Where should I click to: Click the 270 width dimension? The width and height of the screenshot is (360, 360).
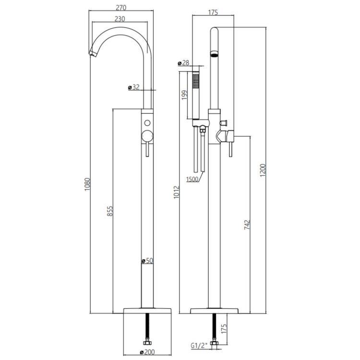(121, 8)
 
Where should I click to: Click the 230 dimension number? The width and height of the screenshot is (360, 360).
(120, 19)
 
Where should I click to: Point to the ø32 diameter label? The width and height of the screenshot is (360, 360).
(133, 87)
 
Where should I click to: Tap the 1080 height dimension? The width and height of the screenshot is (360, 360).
(87, 184)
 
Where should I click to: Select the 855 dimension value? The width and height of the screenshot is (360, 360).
(110, 211)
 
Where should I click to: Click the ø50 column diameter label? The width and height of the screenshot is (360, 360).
(147, 261)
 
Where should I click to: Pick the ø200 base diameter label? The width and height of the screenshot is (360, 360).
(147, 352)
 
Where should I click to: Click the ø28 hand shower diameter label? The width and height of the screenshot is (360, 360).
(183, 63)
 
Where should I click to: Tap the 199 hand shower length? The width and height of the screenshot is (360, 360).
(184, 95)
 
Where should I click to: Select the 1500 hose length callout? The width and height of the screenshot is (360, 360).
(192, 179)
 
